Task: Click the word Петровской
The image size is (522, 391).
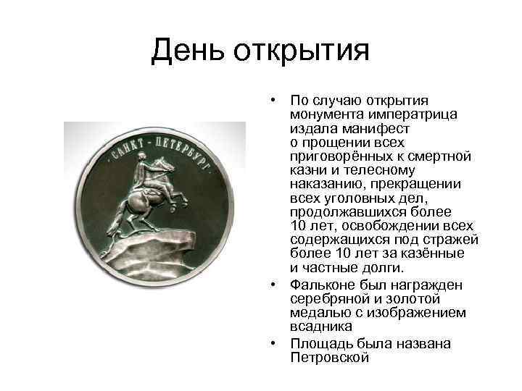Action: click(x=329, y=358)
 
